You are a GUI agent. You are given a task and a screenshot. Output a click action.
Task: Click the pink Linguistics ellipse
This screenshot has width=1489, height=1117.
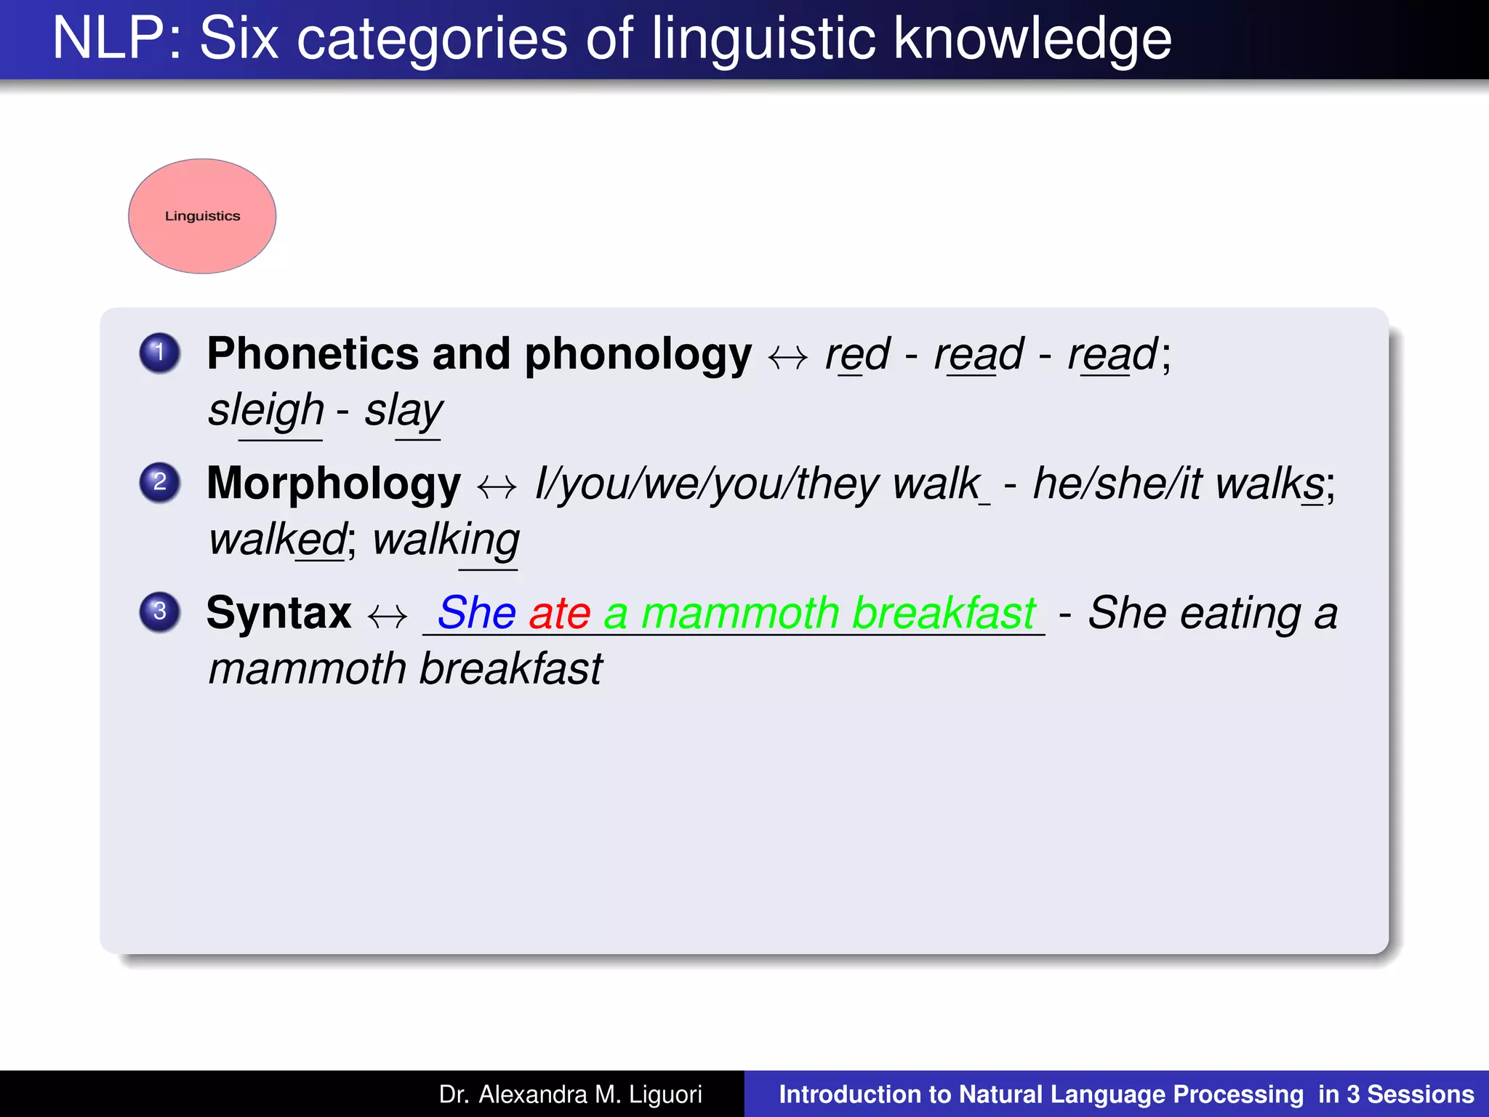point(202,216)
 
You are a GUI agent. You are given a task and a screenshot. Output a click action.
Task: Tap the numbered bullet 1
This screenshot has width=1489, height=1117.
point(160,353)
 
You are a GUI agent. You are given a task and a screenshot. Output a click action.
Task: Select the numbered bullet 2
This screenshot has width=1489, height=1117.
point(160,482)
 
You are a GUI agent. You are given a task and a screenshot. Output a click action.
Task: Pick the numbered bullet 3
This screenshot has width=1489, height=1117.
point(160,612)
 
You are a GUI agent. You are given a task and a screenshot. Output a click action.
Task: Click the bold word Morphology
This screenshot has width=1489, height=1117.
point(334,484)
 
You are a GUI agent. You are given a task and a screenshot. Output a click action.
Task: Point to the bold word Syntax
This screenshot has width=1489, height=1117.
point(278,613)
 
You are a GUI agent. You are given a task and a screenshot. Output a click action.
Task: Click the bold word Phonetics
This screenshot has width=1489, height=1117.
point(312,354)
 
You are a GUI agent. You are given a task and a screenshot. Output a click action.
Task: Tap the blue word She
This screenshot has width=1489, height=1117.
point(477,613)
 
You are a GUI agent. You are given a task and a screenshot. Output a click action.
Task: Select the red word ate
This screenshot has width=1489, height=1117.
point(559,613)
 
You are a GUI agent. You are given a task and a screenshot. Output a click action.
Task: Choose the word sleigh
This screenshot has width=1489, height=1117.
point(266,411)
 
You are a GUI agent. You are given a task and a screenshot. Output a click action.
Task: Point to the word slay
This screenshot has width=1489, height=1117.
point(404,411)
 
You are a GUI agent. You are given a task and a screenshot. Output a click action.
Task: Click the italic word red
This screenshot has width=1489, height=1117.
point(857,355)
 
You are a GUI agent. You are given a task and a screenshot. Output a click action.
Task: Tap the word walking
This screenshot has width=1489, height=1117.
point(446,540)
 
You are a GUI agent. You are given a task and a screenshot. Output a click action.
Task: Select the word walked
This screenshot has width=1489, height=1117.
point(277,540)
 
